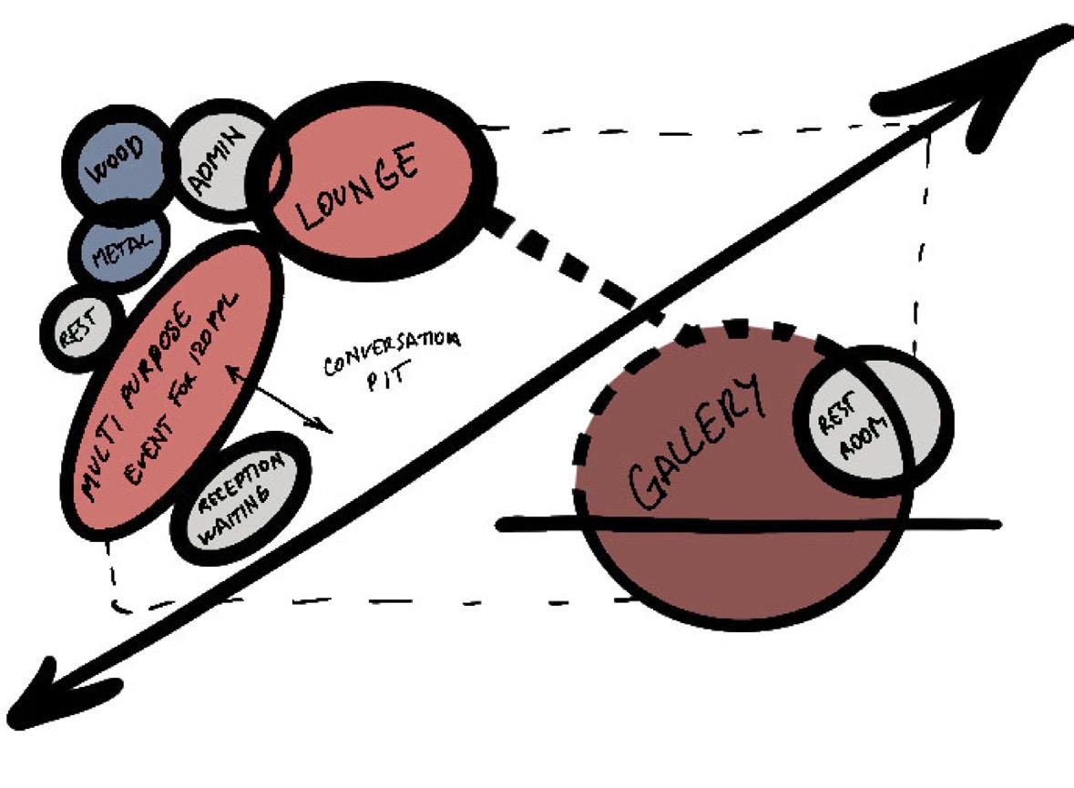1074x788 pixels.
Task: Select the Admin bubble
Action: (x=217, y=162)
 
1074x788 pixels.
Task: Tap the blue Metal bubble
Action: (x=118, y=247)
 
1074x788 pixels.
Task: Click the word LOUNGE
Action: (x=357, y=187)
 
